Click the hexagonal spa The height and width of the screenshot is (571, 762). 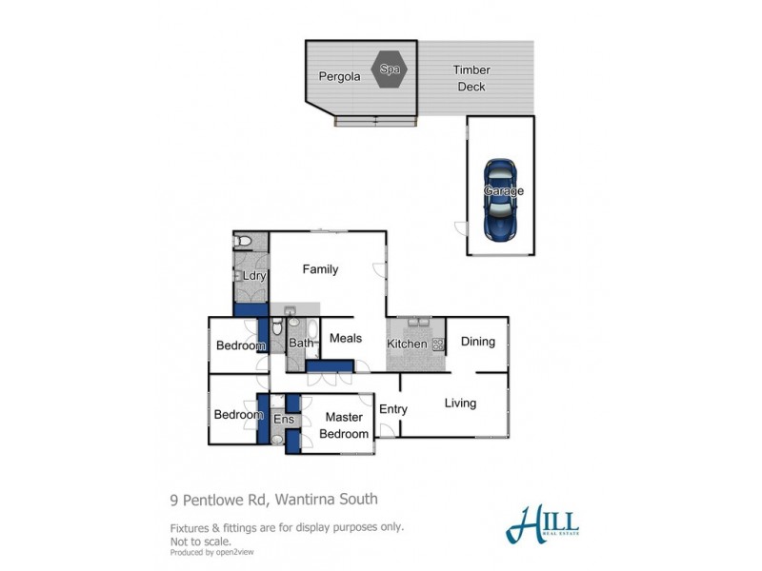pyautogui.click(x=390, y=69)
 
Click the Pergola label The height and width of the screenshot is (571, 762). pyautogui.click(x=339, y=77)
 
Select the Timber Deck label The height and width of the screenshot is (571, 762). pyautogui.click(x=471, y=78)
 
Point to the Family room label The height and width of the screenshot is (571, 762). pyautogui.click(x=320, y=269)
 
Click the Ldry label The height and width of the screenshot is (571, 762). pyautogui.click(x=254, y=276)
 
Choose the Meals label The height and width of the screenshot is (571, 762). pyautogui.click(x=345, y=338)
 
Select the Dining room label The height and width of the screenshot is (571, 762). pyautogui.click(x=477, y=342)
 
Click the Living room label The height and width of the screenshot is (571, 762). pyautogui.click(x=460, y=404)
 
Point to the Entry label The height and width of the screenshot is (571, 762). pyautogui.click(x=393, y=409)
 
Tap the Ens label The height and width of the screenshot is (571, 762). pyautogui.click(x=284, y=419)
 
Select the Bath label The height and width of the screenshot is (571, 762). pyautogui.click(x=301, y=343)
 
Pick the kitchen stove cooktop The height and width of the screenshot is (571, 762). pyautogui.click(x=440, y=344)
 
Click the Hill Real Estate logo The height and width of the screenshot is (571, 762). pyautogui.click(x=543, y=523)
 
